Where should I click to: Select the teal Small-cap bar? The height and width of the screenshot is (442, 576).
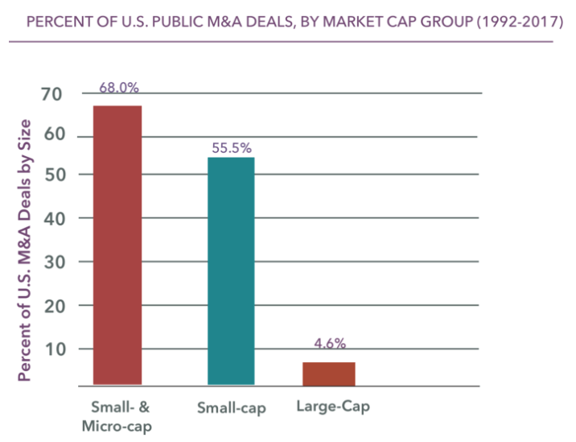(231, 271)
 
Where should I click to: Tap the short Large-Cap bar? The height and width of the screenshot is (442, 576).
(328, 374)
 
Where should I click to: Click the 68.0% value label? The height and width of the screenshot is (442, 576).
(118, 88)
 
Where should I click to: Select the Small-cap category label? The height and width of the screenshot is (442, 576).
(231, 407)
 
